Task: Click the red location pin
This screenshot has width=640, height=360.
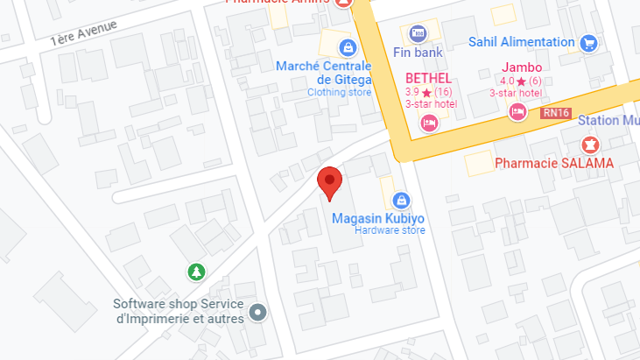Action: pos(329,181)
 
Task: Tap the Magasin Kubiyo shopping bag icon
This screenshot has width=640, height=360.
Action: pos(401,200)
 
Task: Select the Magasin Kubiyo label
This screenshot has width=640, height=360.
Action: pos(378,218)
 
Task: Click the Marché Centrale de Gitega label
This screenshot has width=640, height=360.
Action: pos(323,73)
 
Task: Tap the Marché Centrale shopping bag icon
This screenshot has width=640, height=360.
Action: pos(348,46)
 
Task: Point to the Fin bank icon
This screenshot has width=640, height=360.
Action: pos(418,32)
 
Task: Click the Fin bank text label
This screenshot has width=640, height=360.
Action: pos(418,53)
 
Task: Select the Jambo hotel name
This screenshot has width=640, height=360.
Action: pos(521,67)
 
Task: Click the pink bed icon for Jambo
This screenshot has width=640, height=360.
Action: pos(517,112)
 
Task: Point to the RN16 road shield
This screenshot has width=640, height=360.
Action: pos(555,112)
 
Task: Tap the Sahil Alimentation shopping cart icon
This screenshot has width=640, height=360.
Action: pos(588,41)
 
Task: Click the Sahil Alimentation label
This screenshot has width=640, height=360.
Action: pos(521,41)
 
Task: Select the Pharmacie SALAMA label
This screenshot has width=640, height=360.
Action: pos(554,163)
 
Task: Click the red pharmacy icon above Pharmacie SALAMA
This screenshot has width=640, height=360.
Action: pos(588,144)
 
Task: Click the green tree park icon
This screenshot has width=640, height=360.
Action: pos(197,272)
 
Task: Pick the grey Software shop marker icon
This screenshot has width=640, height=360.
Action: pos(257,311)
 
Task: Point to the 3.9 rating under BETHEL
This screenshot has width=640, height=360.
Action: pos(412,92)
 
